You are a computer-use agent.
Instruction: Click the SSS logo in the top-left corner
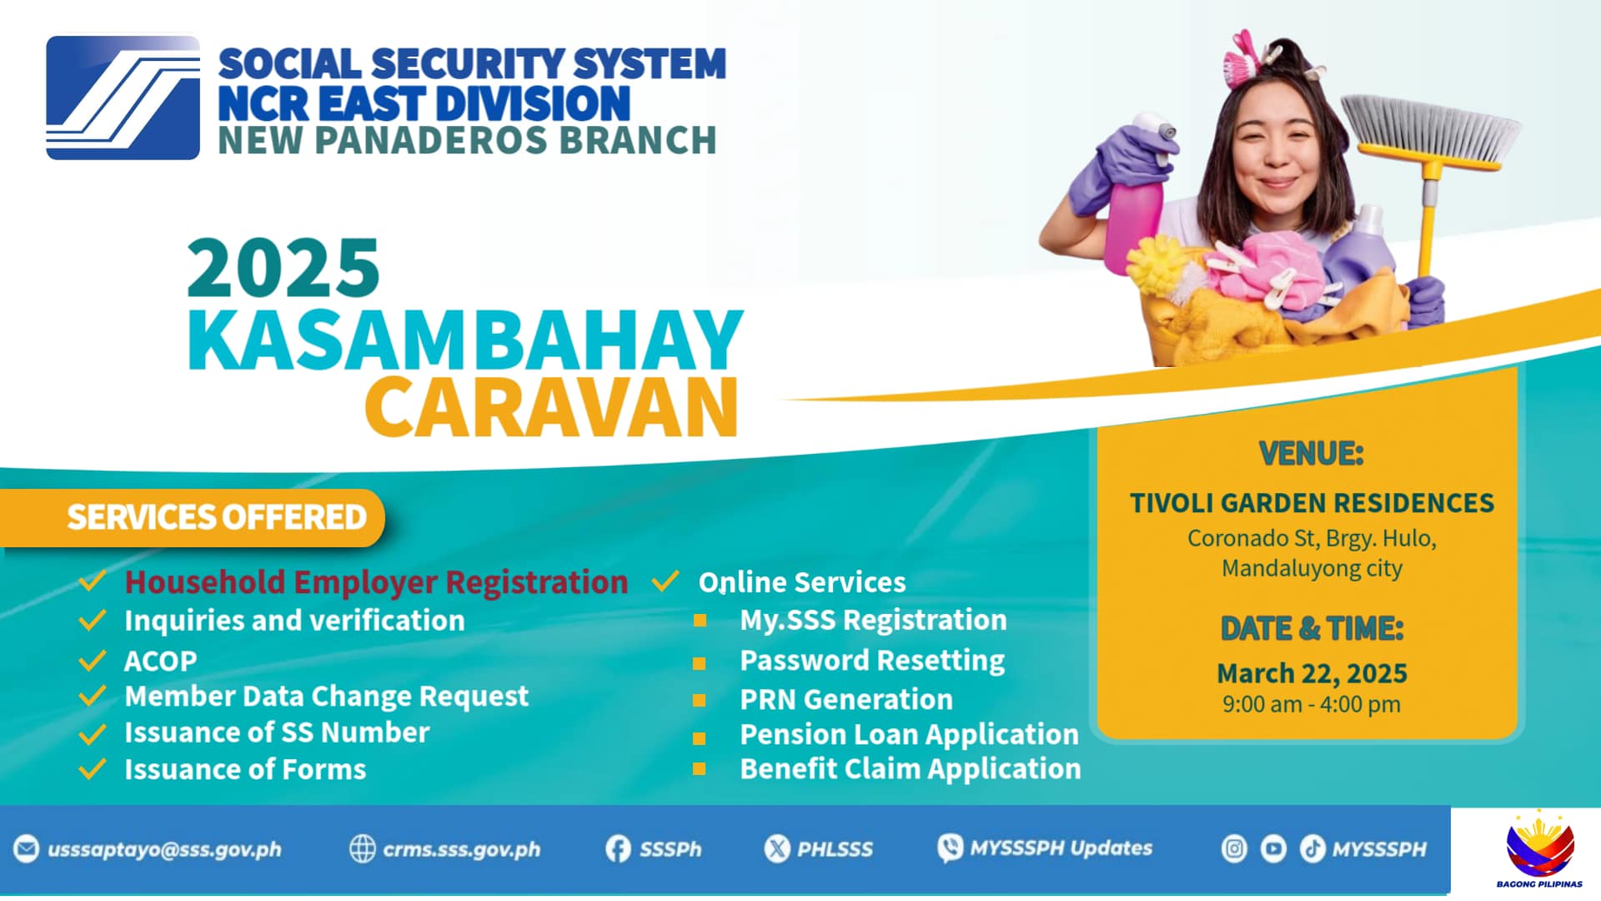[123, 98]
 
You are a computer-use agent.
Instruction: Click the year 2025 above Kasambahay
[284, 268]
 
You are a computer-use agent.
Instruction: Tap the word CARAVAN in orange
[551, 407]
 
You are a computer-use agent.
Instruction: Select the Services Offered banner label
[217, 517]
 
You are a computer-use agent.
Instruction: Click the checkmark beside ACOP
[92, 661]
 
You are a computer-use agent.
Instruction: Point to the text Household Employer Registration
[376, 581]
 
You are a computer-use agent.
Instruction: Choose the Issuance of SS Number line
[277, 732]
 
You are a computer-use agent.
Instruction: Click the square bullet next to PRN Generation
[700, 701]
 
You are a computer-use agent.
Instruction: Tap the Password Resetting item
[872, 661]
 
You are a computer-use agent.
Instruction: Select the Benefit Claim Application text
[911, 768]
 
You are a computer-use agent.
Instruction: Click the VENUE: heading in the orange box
[1311, 454]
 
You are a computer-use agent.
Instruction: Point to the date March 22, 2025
[1312, 673]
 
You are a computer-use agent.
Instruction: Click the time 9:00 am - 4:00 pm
[1312, 704]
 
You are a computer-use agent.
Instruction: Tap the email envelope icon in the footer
[26, 849]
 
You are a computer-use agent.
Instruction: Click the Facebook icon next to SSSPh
[618, 849]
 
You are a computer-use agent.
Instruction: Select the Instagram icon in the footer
[1234, 849]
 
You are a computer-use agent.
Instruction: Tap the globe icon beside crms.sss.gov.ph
[362, 849]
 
